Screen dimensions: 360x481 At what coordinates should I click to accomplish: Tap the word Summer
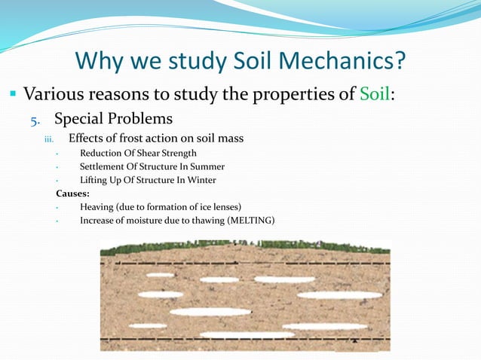[207, 166]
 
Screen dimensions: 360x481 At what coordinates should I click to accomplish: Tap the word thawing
[191, 221]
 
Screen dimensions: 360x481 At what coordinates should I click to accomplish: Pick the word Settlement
[104, 166]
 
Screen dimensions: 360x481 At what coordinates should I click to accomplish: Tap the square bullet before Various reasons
[14, 96]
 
